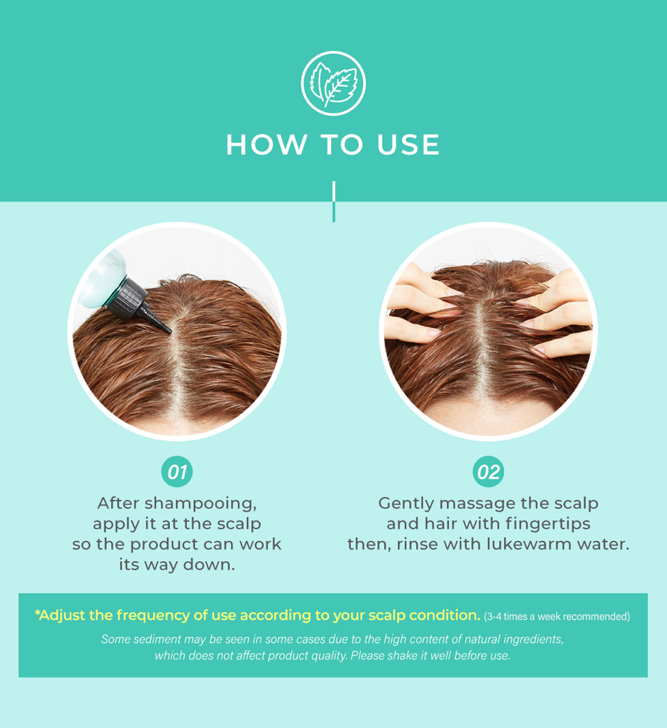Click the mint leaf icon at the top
tap(333, 84)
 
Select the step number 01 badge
tap(177, 472)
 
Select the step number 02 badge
tap(488, 472)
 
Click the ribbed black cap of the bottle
tap(128, 298)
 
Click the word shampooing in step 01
tap(201, 504)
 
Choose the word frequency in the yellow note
tap(153, 615)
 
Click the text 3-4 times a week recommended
tap(557, 616)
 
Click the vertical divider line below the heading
tap(333, 201)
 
